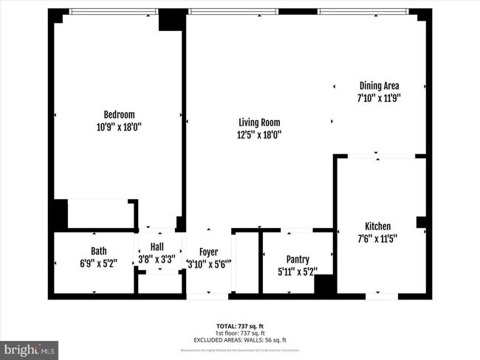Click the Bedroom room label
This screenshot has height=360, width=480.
[x=118, y=114]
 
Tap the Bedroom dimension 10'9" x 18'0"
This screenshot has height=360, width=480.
[x=118, y=127]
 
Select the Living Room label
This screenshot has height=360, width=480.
[x=258, y=122]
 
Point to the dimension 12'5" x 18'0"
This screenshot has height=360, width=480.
[x=258, y=135]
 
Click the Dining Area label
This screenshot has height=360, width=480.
[x=379, y=85]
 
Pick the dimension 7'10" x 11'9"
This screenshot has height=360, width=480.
[x=379, y=97]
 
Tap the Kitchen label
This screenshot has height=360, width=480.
[x=377, y=226]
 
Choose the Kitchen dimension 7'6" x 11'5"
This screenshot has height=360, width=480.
[x=377, y=238]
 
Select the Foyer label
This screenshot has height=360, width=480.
[x=208, y=252]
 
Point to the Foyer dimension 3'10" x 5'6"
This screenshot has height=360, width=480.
[x=209, y=264]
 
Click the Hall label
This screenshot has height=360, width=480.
[x=157, y=247]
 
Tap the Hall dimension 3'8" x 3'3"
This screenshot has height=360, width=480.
[x=157, y=259]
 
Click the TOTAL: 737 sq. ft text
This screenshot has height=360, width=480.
[x=239, y=325]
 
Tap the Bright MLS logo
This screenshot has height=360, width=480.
[x=30, y=348]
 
